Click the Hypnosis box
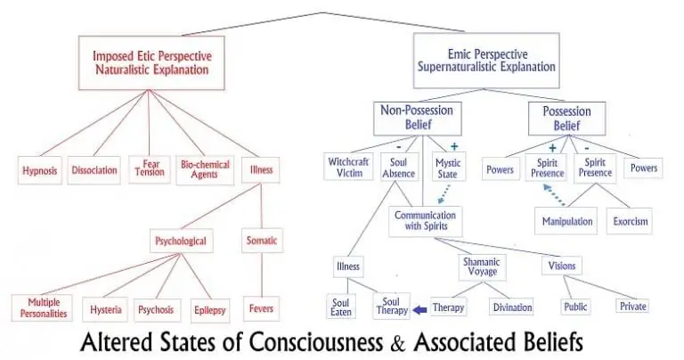39,169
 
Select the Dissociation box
94,169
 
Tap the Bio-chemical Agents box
205,169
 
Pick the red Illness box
261,169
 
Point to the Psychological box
182,241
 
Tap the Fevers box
261,310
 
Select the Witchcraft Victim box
347,168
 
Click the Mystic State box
448,168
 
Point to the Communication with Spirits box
423,220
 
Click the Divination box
512,307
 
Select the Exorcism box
630,219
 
